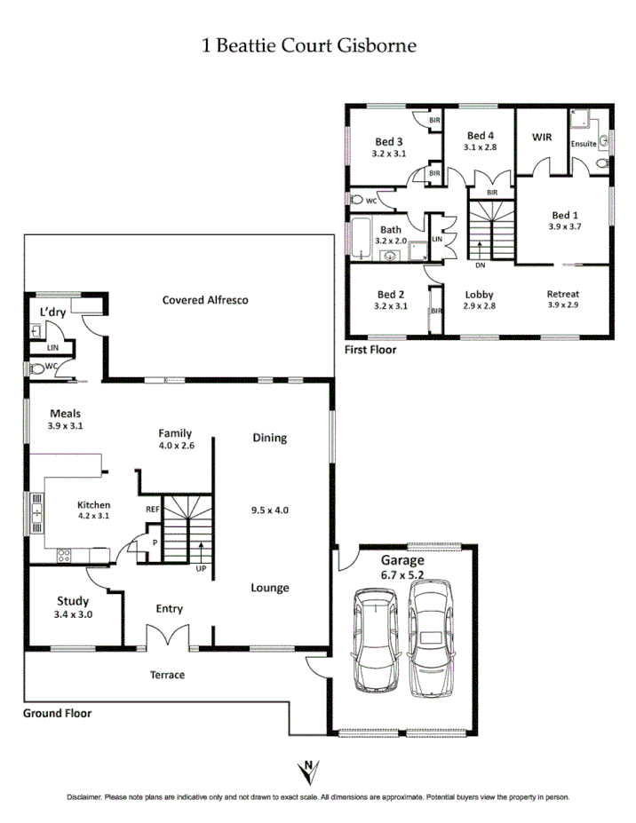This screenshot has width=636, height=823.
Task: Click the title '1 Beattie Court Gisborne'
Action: [x=309, y=45]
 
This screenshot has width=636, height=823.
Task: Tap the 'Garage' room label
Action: [x=402, y=560]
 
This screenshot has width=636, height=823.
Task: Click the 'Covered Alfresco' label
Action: [x=205, y=300]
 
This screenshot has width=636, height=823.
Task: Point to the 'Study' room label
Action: [x=73, y=600]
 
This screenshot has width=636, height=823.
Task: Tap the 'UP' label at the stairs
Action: [x=201, y=568]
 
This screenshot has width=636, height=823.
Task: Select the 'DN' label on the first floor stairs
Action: [x=481, y=265]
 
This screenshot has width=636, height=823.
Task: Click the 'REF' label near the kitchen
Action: [x=153, y=510]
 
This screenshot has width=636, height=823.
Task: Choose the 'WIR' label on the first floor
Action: [x=542, y=138]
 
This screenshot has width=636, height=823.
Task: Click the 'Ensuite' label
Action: [x=584, y=143]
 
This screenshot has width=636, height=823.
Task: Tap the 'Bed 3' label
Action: [x=389, y=141]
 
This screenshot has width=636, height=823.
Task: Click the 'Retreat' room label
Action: [x=563, y=294]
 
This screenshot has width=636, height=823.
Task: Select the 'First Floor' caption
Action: [x=370, y=350]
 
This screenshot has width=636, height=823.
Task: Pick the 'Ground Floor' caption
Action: [x=58, y=712]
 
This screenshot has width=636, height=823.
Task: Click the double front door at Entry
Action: [x=168, y=637]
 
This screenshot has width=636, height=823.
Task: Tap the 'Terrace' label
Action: [x=167, y=675]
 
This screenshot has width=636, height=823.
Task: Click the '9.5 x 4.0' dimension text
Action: [x=270, y=510]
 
